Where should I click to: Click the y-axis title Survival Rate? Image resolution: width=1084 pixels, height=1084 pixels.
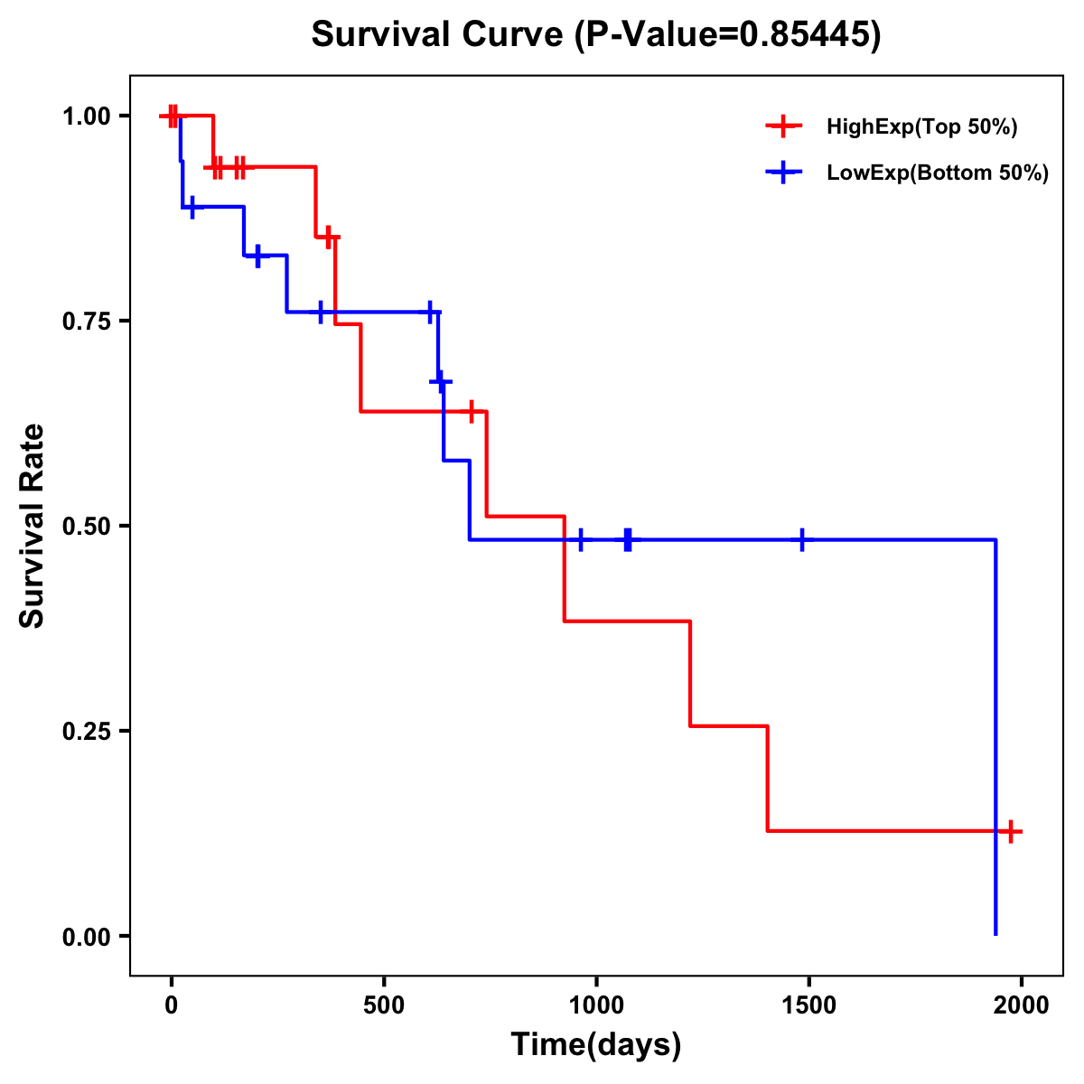coord(33,525)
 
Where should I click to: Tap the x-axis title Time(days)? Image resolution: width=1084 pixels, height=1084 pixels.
coord(596,1044)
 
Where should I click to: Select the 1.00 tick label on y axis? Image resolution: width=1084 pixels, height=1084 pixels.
coord(87,116)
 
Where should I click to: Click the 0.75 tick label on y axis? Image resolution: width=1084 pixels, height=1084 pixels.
coord(87,321)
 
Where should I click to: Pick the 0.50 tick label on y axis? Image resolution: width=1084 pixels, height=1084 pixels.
coord(87,526)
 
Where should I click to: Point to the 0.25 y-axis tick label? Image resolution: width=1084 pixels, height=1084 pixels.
coord(87,731)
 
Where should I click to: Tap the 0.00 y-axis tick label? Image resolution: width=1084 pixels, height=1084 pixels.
coord(87,936)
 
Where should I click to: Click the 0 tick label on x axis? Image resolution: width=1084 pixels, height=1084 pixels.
coord(171,1005)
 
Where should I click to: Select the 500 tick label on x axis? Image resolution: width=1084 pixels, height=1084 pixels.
coord(384,1005)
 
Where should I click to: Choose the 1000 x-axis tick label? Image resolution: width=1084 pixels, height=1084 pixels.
coord(596,1005)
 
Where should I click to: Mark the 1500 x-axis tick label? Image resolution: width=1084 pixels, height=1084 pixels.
coord(808,1005)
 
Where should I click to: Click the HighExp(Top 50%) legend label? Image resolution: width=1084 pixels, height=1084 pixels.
coord(922,127)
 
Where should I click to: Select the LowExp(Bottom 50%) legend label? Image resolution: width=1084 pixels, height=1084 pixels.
coord(938,173)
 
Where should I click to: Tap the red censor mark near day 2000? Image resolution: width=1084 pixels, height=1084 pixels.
coord(1011,831)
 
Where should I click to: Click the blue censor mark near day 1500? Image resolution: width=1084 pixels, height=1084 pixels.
coord(801,540)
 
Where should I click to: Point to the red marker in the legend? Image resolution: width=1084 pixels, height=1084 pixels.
coord(784,126)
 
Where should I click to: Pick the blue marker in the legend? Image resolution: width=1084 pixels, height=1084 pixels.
coord(784,173)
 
